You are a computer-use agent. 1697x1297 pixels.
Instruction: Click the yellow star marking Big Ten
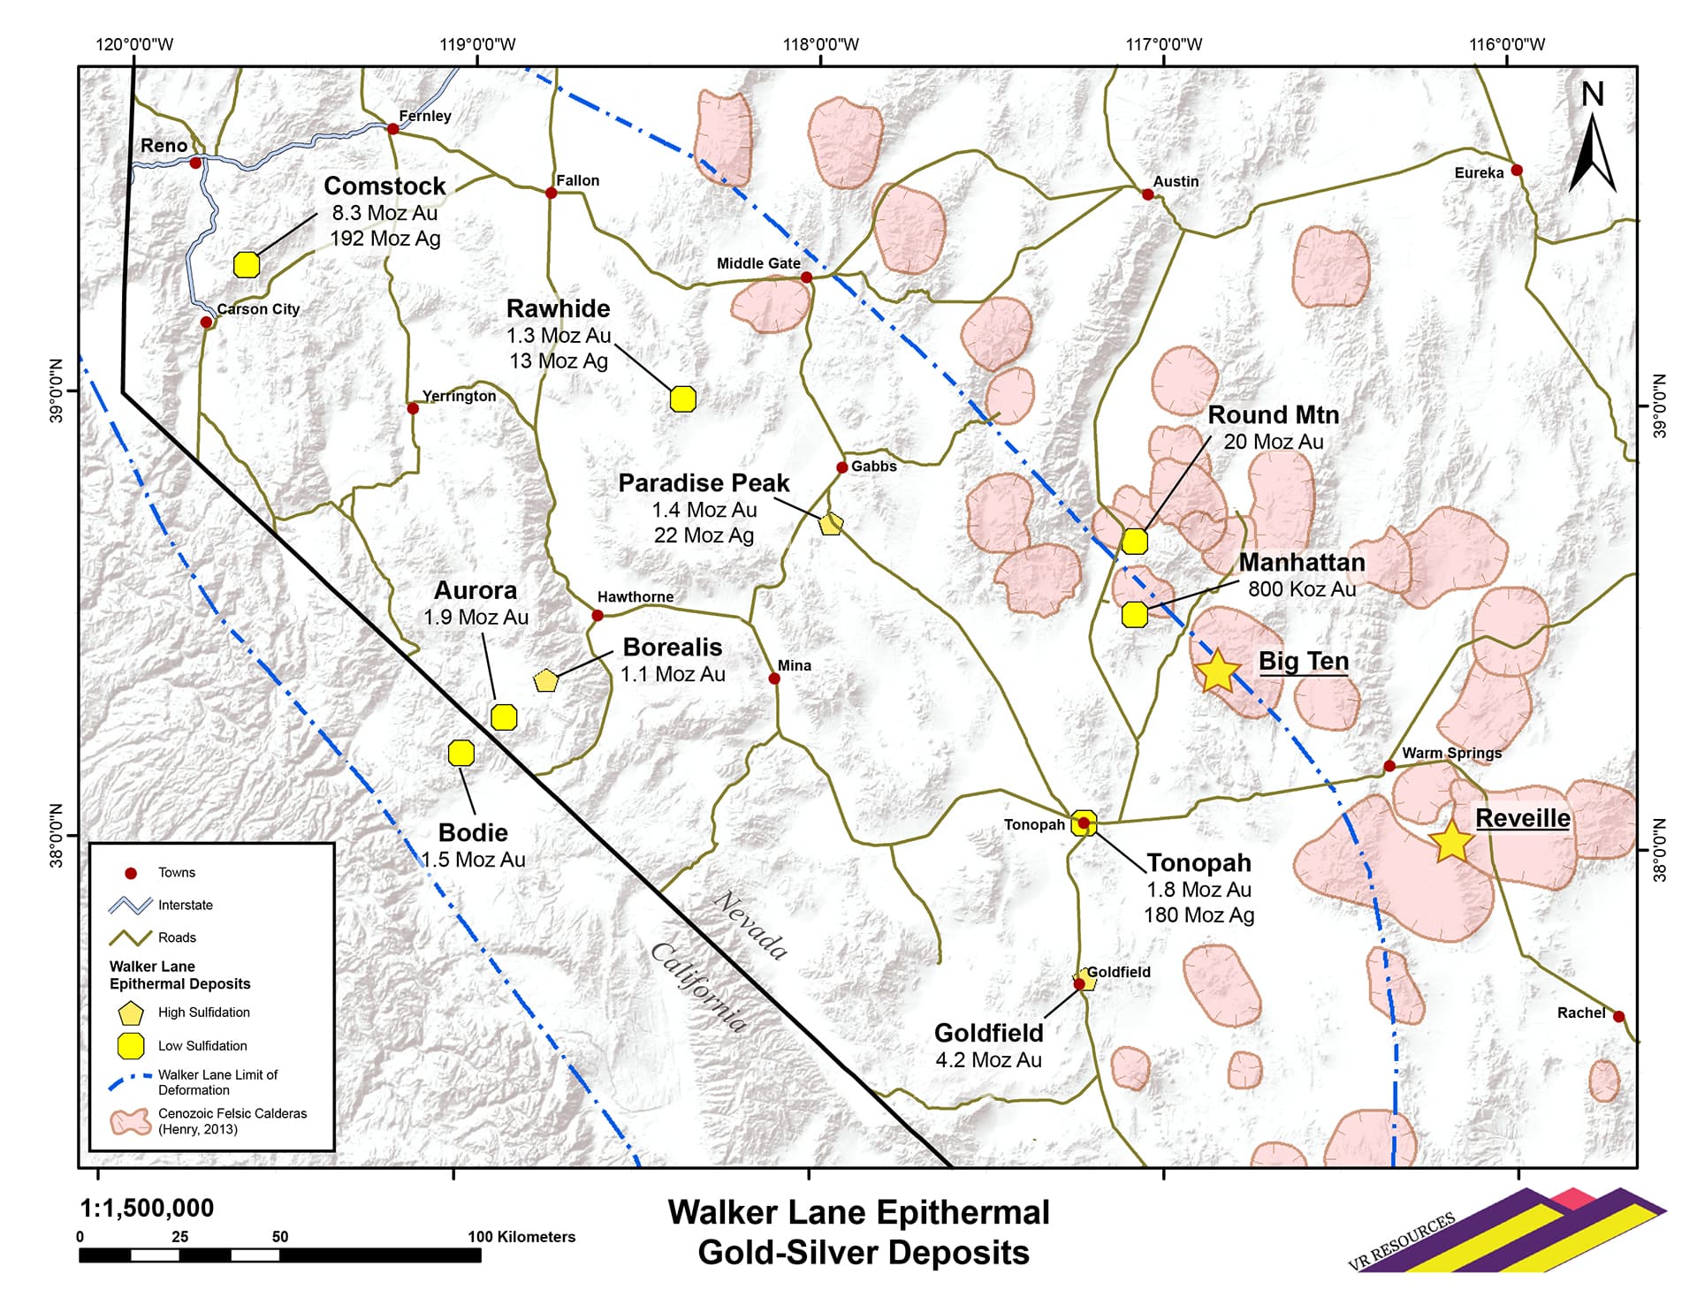(1217, 671)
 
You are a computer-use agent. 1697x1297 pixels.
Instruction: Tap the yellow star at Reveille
(1450, 842)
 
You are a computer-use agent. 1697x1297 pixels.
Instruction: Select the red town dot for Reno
(195, 163)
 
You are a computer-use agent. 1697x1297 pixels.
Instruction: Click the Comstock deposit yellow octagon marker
(247, 264)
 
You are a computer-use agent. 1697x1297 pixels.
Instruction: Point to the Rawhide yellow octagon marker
(682, 399)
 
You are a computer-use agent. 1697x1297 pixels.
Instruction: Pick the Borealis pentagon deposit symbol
(546, 680)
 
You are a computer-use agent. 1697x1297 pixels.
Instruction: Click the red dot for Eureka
(1517, 170)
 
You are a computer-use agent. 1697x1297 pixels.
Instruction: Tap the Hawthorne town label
(635, 597)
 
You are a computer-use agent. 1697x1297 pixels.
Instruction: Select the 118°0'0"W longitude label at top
(820, 45)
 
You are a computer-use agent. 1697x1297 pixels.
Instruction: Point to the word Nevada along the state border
(750, 925)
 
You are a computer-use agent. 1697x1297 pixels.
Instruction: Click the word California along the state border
(698, 987)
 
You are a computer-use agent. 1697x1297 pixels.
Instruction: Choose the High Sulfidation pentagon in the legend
(131, 1013)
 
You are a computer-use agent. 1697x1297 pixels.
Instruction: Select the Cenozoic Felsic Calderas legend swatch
(130, 1122)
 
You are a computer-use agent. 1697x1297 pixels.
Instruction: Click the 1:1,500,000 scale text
(147, 1208)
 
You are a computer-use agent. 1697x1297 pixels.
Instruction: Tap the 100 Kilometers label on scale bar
(521, 1237)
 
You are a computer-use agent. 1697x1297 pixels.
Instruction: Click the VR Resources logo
(1503, 1233)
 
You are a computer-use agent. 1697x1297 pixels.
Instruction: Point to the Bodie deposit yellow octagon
(461, 753)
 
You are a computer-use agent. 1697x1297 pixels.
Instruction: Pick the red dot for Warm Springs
(1389, 766)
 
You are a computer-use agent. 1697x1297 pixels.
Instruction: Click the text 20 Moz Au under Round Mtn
(1273, 442)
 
